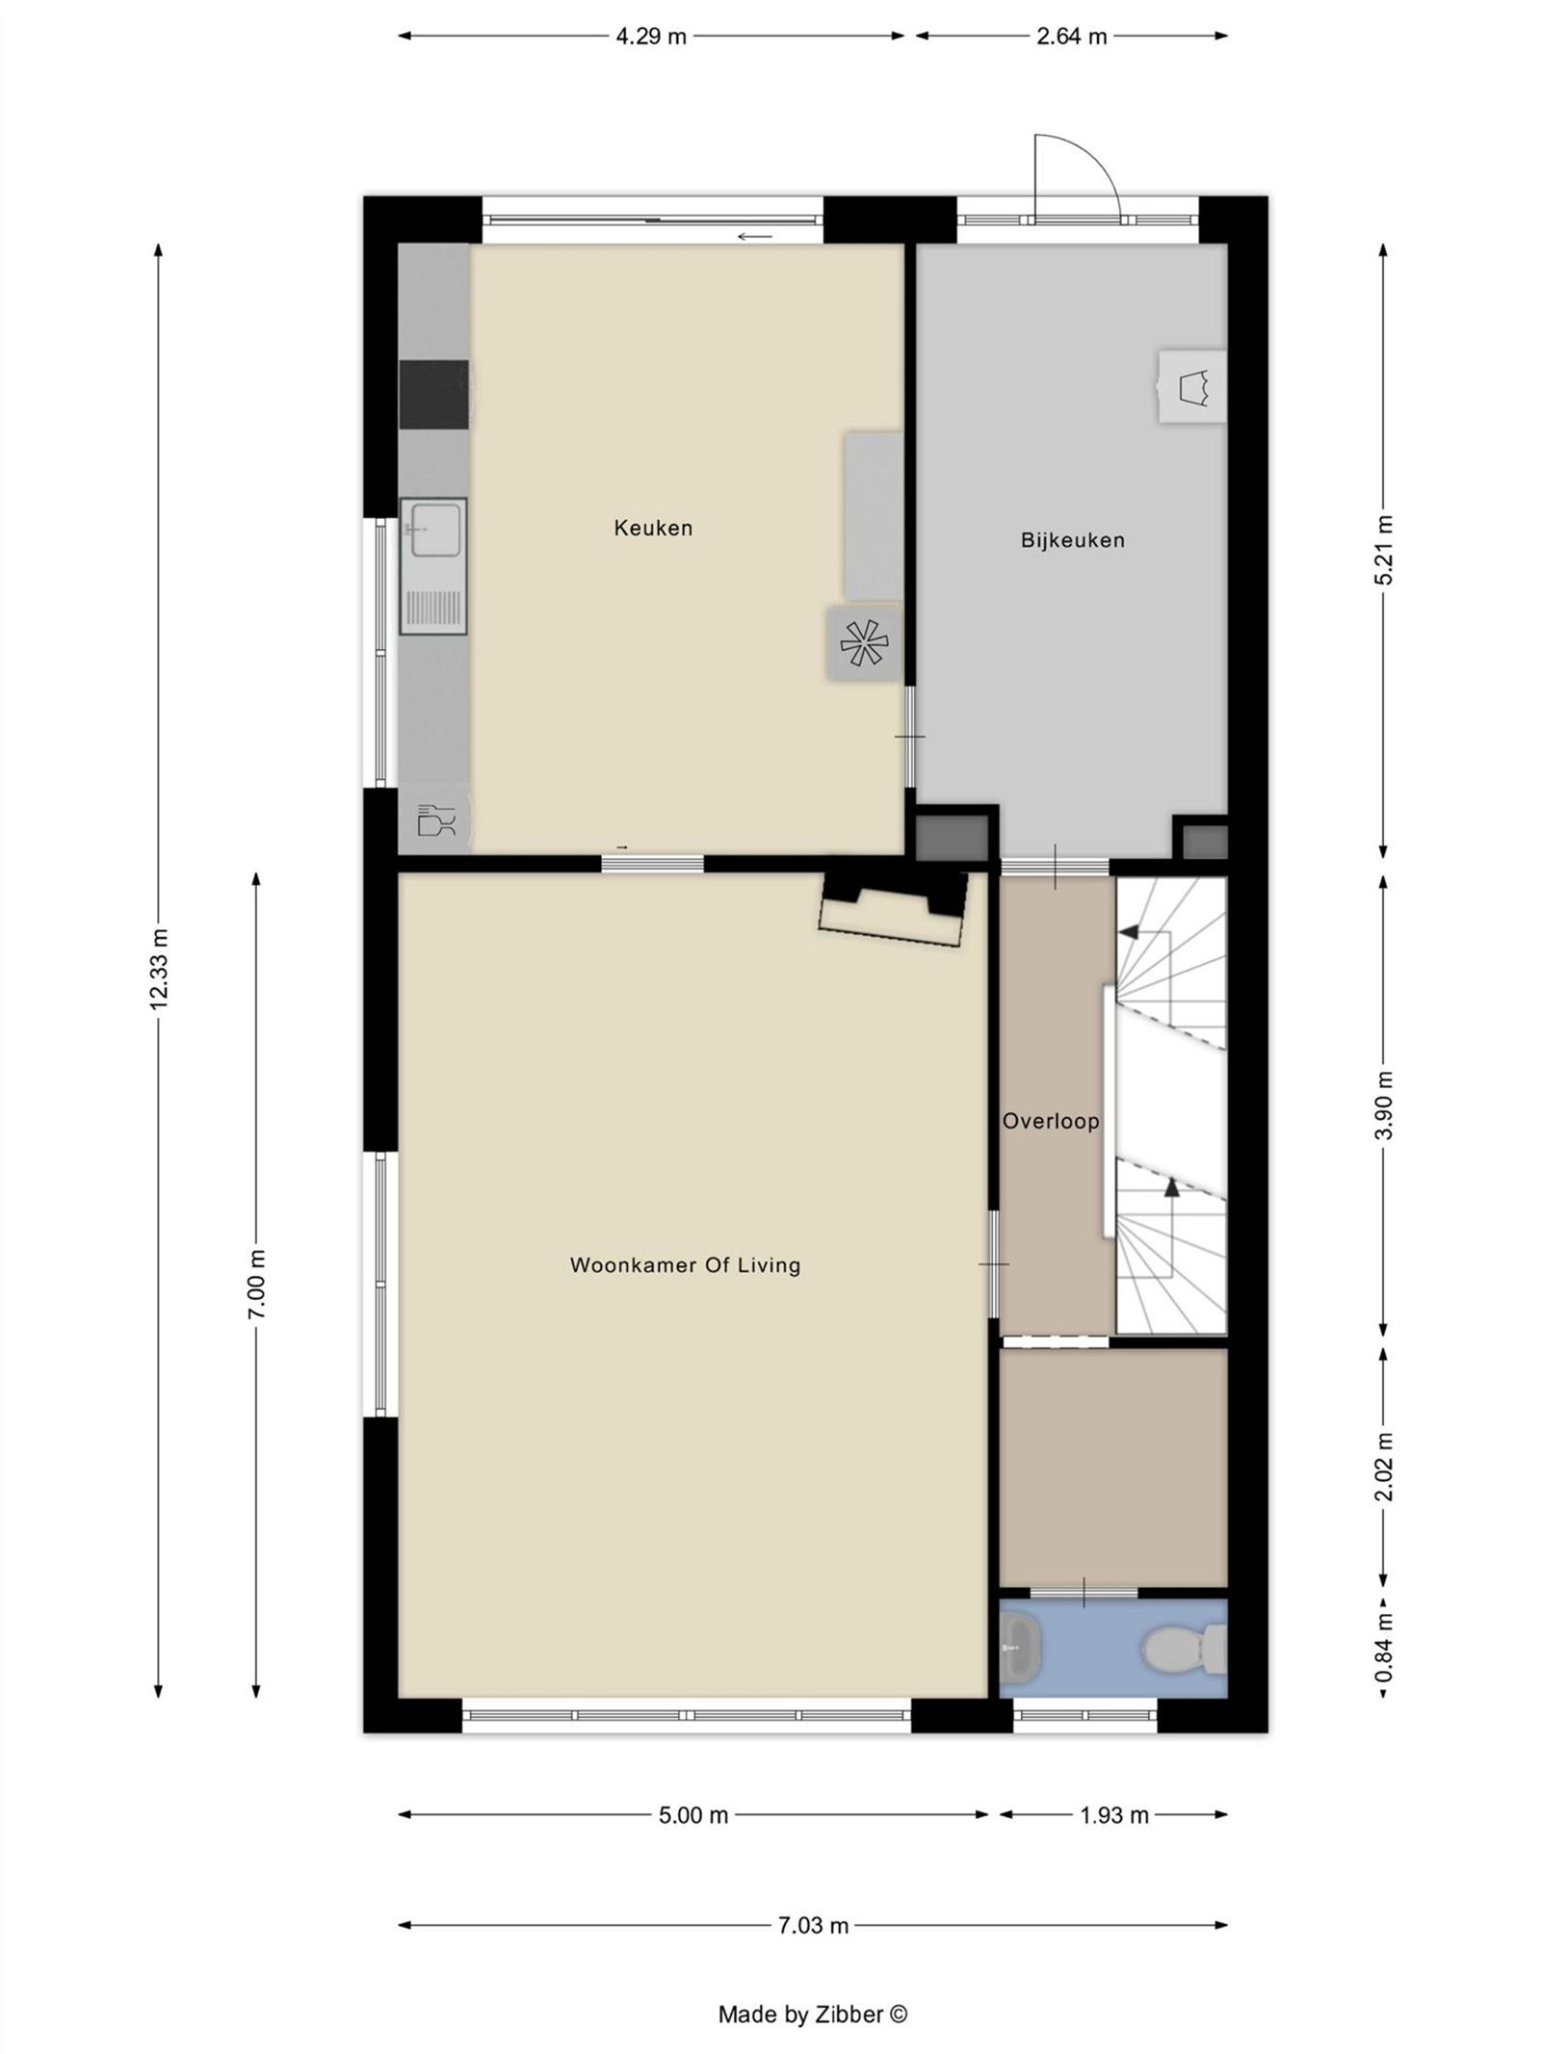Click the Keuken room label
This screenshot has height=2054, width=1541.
653,528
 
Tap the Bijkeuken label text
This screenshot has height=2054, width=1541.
1072,540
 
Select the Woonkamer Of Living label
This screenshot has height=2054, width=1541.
685,1265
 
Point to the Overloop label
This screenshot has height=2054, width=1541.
1050,1121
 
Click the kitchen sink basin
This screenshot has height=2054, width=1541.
433,529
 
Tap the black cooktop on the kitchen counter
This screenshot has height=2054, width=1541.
433,395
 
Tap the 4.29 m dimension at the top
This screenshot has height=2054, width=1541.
651,37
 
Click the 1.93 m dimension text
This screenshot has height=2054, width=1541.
1113,1815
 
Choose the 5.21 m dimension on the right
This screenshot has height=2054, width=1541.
1384,550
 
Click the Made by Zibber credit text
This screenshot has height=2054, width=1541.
812,2014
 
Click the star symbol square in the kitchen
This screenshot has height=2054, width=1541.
864,643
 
